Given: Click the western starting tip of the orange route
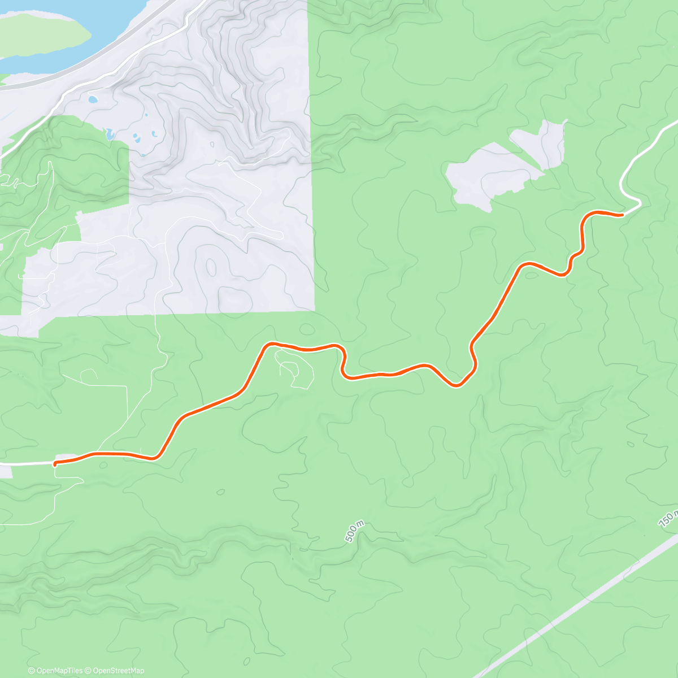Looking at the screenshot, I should [x=55, y=464].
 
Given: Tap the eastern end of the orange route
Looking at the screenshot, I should [x=621, y=215].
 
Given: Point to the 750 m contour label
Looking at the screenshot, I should [x=668, y=518].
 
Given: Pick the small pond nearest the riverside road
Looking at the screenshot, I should [x=92, y=99].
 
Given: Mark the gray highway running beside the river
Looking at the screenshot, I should [x=85, y=73].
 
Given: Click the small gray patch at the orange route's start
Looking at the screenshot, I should [x=67, y=457].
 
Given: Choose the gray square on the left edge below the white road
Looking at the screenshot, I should [x=6, y=472].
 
